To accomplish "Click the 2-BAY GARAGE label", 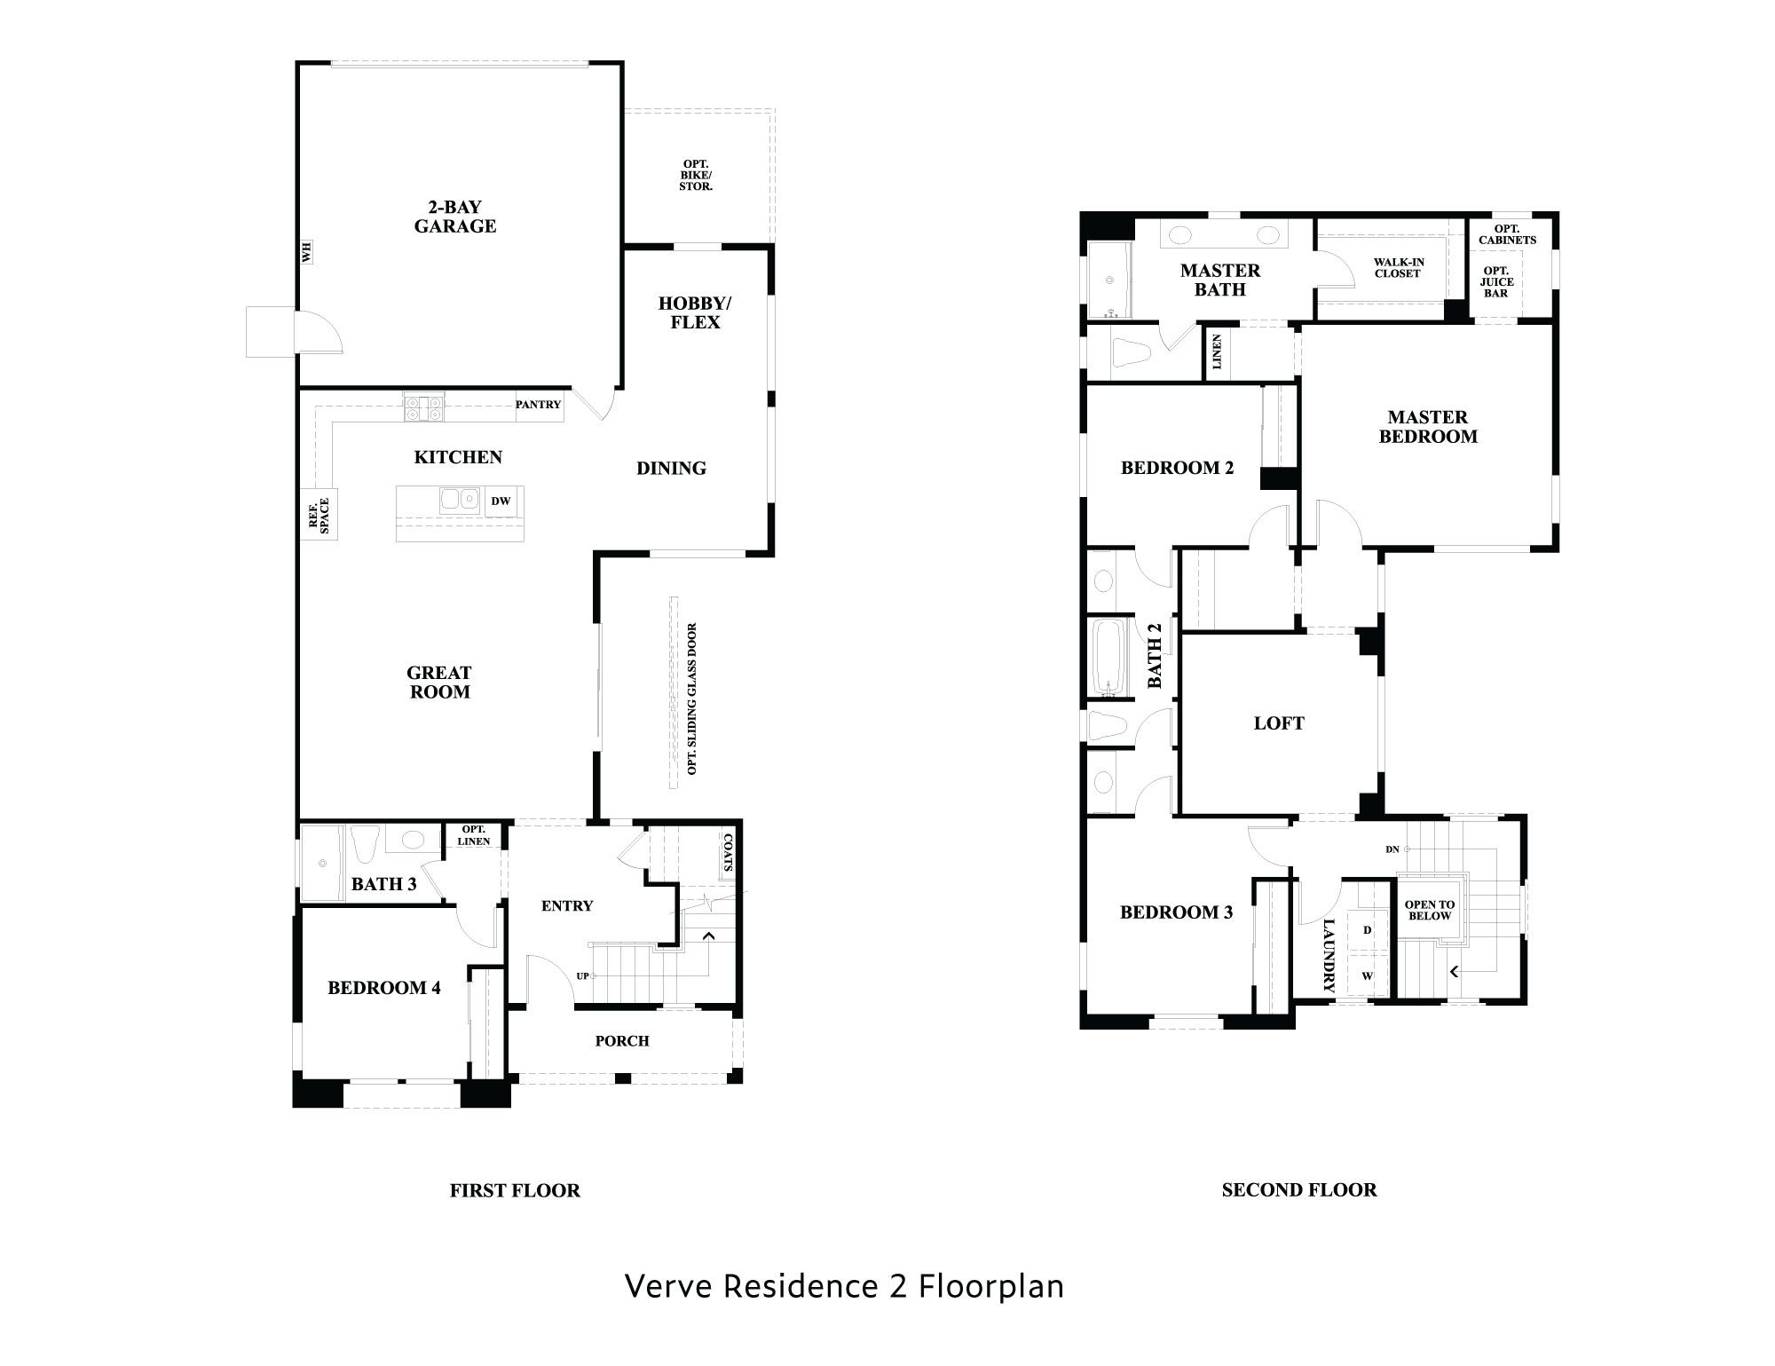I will (455, 217).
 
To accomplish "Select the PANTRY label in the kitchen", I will (539, 405).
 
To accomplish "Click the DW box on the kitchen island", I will (501, 501).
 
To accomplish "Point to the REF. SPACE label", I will (319, 516).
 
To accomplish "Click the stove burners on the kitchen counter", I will (423, 408).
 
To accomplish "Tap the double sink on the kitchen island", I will (460, 500).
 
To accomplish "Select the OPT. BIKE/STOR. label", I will (696, 176).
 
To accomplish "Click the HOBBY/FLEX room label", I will (695, 312).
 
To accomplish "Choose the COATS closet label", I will (728, 852).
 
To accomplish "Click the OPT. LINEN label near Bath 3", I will (474, 835).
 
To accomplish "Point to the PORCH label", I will (622, 1041).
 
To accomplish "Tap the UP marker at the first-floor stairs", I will (583, 976).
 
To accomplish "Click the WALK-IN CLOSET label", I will (1399, 268).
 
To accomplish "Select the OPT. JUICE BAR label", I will (1495, 282).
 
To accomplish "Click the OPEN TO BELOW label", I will (1429, 910).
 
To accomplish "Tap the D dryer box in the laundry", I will (1368, 930).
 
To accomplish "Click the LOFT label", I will (1279, 723).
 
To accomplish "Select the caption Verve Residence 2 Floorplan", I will (844, 1286).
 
